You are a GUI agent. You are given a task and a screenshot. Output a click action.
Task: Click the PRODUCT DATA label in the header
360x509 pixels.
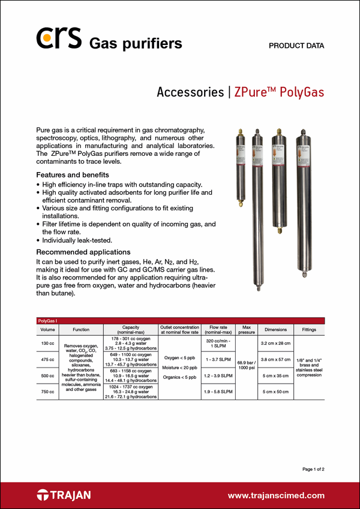click(296, 46)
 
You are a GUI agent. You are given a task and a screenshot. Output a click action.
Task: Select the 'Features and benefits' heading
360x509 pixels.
click(70, 174)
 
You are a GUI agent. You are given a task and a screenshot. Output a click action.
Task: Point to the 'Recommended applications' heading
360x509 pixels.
click(83, 252)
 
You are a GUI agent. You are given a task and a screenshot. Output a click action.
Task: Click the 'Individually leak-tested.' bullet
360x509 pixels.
click(81, 240)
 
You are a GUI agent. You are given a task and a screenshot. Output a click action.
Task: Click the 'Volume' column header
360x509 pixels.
click(47, 330)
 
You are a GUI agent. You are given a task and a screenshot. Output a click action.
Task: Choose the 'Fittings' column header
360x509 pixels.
click(309, 330)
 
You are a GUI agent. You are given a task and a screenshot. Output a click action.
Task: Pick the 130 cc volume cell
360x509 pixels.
click(47, 343)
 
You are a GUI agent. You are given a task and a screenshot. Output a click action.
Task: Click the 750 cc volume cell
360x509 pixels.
click(47, 391)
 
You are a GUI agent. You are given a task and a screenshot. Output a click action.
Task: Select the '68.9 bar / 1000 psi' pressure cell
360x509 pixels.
click(246, 367)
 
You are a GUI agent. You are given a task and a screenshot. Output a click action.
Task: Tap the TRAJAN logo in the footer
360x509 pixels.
click(64, 495)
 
